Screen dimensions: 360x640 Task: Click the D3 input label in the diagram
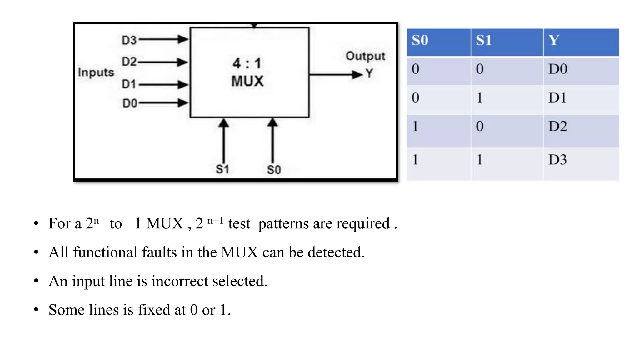coord(129,40)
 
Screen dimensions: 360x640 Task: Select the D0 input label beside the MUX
coord(130,103)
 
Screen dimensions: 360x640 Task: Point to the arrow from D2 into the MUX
coord(163,62)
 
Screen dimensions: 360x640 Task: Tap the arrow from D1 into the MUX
coord(163,84)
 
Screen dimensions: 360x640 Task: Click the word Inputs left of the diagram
coord(96,72)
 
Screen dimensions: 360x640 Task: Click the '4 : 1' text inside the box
coord(247,63)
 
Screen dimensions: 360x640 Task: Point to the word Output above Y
coord(365,56)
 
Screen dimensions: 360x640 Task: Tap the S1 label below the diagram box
coord(222,169)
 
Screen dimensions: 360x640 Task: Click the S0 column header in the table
coord(420,41)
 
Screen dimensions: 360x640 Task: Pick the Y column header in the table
coord(554,40)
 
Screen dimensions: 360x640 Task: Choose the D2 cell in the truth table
coord(557,127)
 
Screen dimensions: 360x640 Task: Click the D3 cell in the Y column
coord(557,160)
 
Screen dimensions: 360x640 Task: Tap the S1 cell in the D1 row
coord(479,98)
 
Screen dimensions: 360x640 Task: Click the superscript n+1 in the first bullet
coord(215,220)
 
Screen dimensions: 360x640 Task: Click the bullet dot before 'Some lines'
coord(36,310)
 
